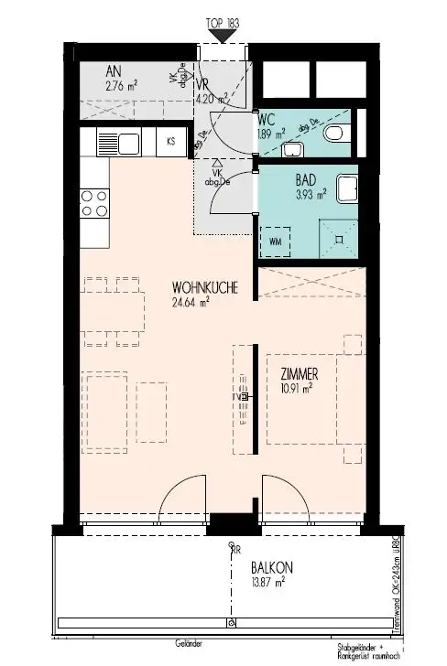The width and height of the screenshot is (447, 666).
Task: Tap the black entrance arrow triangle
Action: click(220, 35)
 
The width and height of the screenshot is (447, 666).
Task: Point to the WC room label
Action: click(267, 118)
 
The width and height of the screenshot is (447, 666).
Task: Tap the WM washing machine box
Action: click(276, 242)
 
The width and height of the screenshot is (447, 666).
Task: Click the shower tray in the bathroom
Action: click(339, 237)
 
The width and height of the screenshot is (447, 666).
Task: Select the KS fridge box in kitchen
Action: click(170, 142)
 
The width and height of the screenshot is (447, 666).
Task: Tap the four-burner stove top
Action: click(94, 204)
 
